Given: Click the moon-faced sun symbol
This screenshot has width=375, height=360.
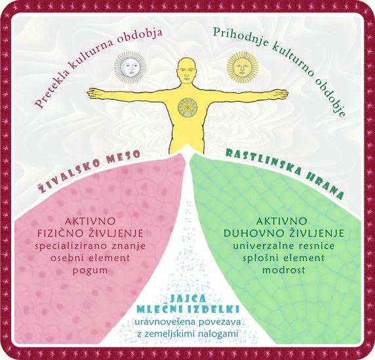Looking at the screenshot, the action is (x=130, y=68).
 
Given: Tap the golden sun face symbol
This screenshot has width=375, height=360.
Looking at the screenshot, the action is (x=243, y=68).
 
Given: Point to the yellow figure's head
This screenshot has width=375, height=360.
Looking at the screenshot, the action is (x=187, y=71).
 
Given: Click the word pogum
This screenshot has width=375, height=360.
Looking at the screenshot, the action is (x=90, y=271).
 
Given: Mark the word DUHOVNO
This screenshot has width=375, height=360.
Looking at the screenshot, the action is (x=249, y=233).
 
